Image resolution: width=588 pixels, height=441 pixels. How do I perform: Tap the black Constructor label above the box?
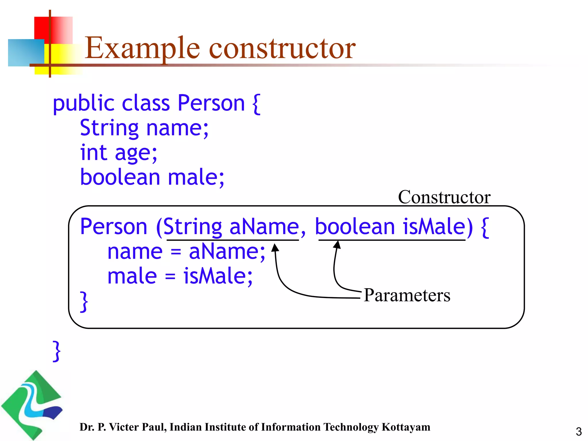[444, 197]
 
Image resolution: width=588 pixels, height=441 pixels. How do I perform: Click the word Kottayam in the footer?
[406, 427]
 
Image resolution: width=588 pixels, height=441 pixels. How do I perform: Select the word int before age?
[93, 152]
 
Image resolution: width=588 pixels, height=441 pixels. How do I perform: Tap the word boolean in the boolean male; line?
[120, 177]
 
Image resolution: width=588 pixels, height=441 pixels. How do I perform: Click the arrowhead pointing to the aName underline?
[275, 247]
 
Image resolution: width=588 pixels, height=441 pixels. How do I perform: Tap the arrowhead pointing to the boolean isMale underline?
[337, 244]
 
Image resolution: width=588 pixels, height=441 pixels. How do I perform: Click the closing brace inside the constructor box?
[84, 301]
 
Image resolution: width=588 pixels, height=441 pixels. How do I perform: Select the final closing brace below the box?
[57, 351]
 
